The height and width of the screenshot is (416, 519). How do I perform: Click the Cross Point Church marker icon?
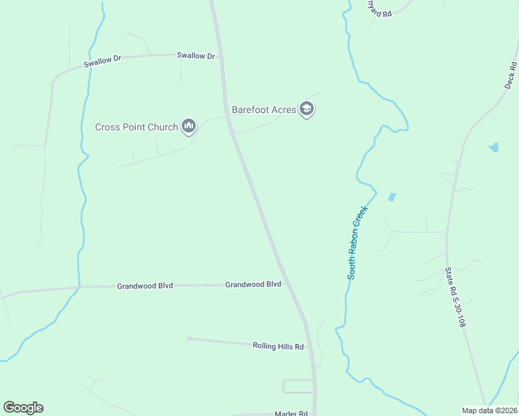click(189, 125)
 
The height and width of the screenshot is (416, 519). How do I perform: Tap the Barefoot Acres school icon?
click(307, 109)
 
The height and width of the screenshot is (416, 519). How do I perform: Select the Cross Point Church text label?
click(137, 128)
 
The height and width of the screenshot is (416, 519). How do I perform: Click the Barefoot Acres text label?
click(264, 109)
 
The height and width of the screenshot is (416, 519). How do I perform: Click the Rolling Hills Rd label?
click(278, 346)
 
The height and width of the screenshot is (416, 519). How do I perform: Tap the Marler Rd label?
click(291, 413)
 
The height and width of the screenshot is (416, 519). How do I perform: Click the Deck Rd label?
click(512, 75)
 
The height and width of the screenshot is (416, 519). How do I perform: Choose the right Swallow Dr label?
click(196, 55)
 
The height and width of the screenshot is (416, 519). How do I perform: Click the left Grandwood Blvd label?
click(144, 285)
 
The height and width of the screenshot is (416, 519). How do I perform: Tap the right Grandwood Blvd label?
click(253, 284)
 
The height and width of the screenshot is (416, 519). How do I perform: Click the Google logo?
click(23, 408)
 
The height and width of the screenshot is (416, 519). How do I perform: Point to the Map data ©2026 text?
click(489, 410)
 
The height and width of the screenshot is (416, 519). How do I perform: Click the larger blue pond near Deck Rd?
click(493, 147)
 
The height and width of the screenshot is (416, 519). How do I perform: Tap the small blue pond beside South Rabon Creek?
click(392, 197)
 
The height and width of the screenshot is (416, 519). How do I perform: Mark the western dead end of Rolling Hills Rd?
click(189, 338)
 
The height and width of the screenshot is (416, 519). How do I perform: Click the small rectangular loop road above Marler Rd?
click(298, 386)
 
